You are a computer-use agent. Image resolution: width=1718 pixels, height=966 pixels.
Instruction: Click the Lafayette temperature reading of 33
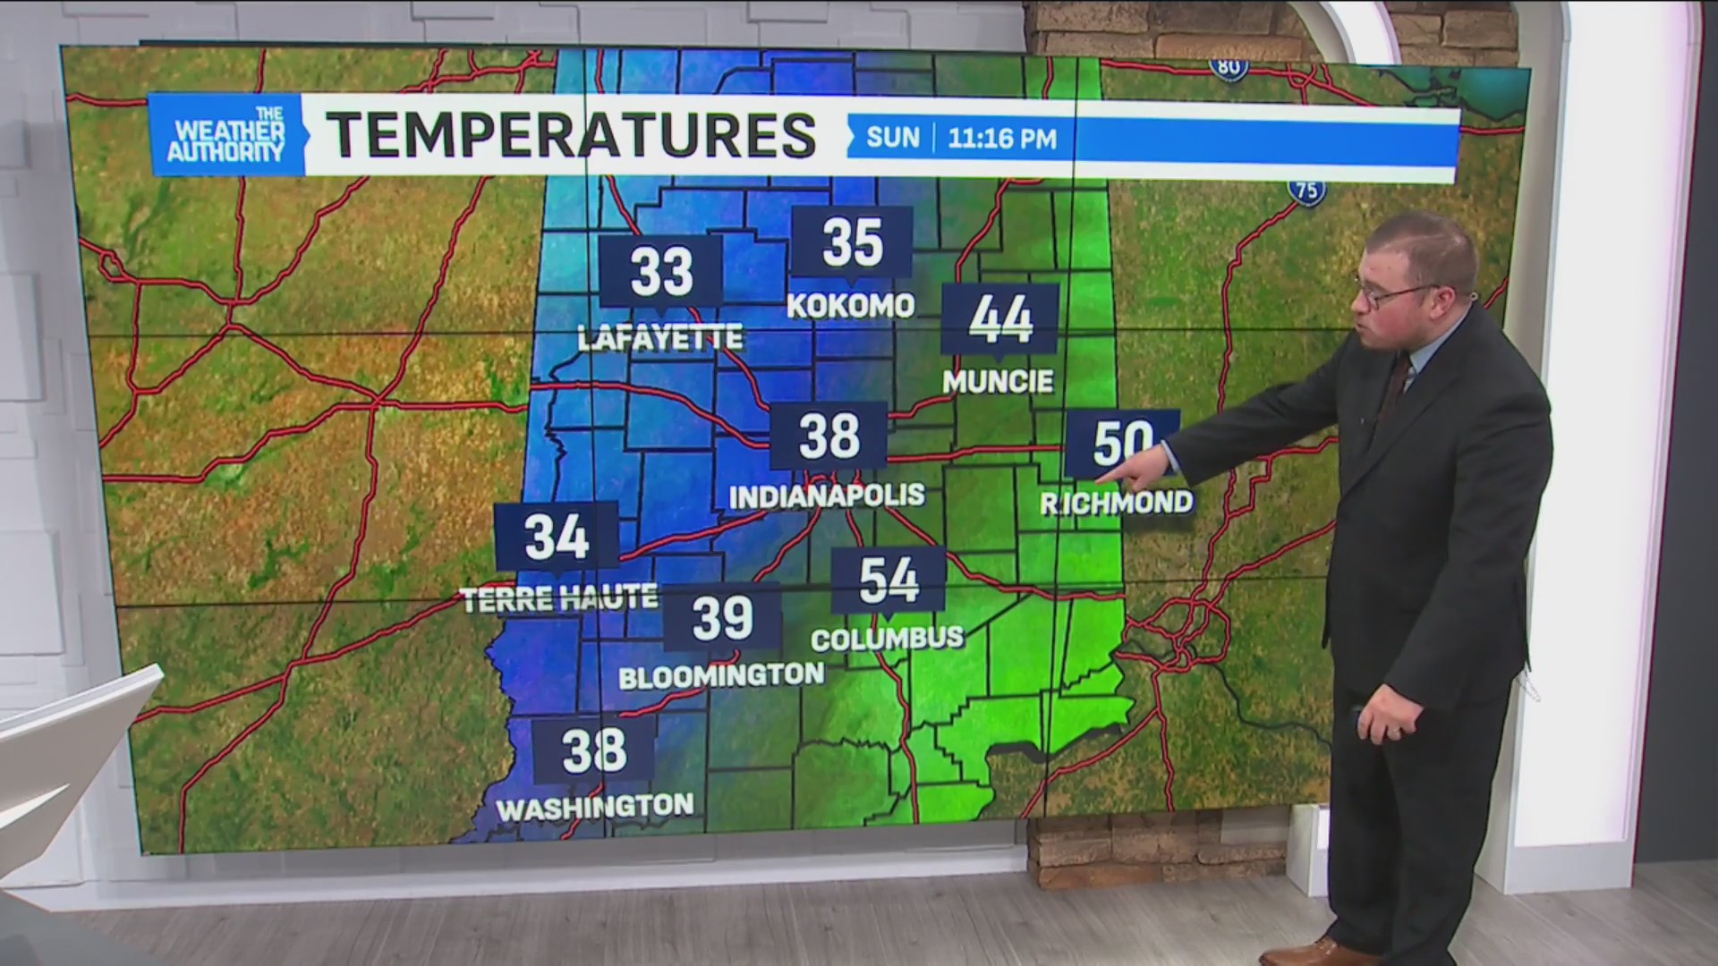661,272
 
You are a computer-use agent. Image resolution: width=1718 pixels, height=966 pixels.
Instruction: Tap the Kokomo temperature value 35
852,241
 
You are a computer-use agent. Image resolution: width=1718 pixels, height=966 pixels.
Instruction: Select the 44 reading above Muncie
1000,319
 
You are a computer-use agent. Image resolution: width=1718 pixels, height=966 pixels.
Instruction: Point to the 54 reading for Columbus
889,580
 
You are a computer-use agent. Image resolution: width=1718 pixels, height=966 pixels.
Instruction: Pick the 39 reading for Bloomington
722,617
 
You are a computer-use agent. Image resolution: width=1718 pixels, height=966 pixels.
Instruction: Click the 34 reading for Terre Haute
557,537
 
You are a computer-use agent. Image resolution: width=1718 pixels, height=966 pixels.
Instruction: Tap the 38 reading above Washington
594,750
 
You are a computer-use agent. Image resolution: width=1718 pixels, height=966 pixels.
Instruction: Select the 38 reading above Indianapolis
829,436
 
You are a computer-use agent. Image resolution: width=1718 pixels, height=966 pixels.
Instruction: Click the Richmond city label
1117,503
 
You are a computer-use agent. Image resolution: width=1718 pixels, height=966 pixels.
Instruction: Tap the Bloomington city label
721,676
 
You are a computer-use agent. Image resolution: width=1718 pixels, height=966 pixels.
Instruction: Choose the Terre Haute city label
559,598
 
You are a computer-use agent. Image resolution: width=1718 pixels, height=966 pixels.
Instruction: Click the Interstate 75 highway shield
1307,190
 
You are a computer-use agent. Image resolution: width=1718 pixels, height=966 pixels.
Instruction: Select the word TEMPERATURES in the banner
571,135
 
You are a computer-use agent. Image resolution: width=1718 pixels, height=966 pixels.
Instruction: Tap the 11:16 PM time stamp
1002,139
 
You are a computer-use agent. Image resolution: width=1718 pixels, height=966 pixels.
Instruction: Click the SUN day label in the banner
893,138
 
